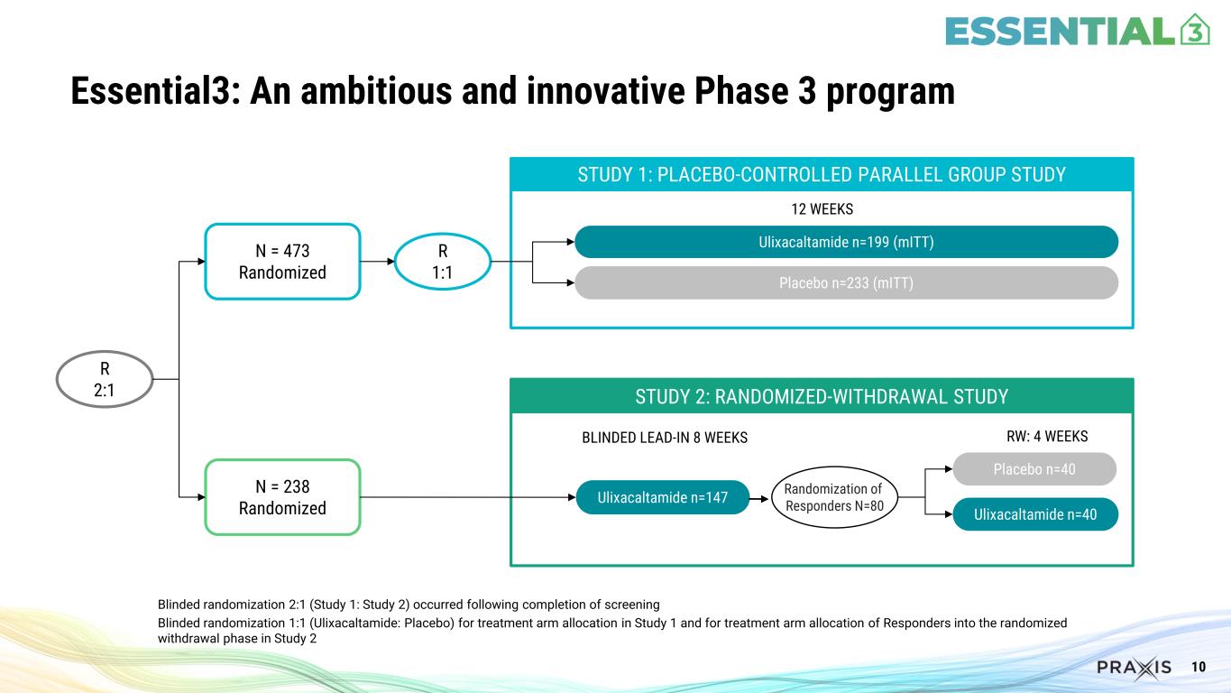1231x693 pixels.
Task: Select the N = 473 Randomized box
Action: pos(282,261)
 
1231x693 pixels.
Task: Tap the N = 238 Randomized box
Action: pos(282,497)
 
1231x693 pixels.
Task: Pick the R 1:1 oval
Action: pos(442,262)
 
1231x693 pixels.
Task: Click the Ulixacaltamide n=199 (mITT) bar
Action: pos(846,242)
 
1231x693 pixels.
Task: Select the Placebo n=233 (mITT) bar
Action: pos(846,283)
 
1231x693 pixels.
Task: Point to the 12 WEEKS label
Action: pos(822,209)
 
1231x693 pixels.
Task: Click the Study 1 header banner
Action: pos(822,174)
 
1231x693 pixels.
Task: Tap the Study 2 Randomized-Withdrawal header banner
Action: pos(822,396)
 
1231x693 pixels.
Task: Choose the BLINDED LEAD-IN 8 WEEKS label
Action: pos(665,438)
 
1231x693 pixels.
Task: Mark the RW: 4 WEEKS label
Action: pos(1046,437)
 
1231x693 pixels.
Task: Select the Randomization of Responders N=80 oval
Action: pos(834,497)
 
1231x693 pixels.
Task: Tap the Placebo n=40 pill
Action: pos(1033,469)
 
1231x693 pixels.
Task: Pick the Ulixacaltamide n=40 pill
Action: pos(1033,514)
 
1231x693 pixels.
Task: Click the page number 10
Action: pos(1199,668)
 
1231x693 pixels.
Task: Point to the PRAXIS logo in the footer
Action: pos(1134,668)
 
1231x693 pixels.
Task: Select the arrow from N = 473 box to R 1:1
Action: pos(378,262)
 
